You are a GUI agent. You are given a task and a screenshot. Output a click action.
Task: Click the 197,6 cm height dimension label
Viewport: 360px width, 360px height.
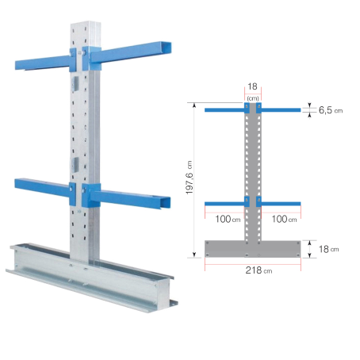coord(190,178)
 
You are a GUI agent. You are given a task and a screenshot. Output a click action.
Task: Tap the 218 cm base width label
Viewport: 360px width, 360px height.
coord(259,270)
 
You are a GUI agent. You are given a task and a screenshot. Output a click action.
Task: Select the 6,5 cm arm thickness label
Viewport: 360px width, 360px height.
coord(331,110)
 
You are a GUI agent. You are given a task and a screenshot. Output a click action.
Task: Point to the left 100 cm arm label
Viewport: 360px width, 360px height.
coord(228,219)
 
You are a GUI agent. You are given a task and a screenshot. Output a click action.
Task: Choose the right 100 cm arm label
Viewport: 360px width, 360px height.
coord(284,219)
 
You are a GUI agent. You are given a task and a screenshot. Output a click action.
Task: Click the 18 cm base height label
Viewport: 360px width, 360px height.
coord(328,249)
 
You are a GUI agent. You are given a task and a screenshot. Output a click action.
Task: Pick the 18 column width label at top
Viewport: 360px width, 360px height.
coord(252,86)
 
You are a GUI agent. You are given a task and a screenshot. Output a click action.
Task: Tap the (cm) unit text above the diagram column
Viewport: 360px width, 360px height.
coord(253,98)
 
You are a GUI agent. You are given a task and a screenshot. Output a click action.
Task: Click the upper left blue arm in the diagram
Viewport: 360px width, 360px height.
coord(224,110)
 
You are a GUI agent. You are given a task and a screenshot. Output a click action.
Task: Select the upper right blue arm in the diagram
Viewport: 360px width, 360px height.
coord(281,110)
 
